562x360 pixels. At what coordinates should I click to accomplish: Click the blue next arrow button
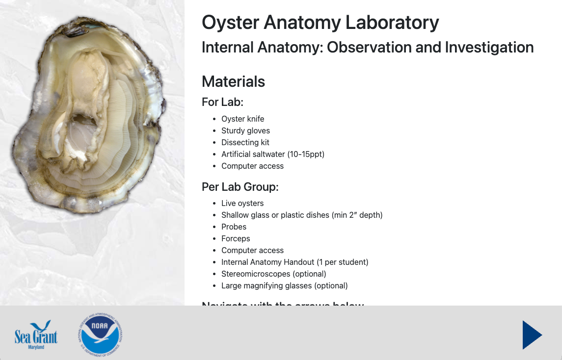(532, 334)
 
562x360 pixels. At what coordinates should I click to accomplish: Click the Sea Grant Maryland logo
(36, 335)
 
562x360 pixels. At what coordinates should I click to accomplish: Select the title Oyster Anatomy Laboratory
(320, 23)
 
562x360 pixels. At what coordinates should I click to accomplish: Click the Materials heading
(233, 81)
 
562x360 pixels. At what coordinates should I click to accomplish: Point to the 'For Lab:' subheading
(223, 103)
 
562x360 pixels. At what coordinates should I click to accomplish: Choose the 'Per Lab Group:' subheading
(240, 187)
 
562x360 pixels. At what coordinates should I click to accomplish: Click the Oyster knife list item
(242, 119)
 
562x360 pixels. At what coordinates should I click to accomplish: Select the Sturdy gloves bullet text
(245, 130)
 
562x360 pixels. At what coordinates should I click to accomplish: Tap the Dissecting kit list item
(245, 142)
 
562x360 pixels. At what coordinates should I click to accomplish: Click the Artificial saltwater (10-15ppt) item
(273, 154)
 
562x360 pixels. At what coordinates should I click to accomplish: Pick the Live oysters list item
(242, 203)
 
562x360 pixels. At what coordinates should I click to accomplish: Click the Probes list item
(234, 227)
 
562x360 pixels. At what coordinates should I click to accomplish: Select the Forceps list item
(236, 238)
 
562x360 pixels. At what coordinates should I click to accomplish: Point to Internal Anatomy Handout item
(294, 262)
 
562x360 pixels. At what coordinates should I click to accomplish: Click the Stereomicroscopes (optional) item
(273, 274)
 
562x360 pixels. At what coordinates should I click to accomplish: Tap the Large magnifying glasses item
(284, 285)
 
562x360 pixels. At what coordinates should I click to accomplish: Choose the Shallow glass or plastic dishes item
(301, 215)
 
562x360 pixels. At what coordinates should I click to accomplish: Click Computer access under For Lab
(252, 166)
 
